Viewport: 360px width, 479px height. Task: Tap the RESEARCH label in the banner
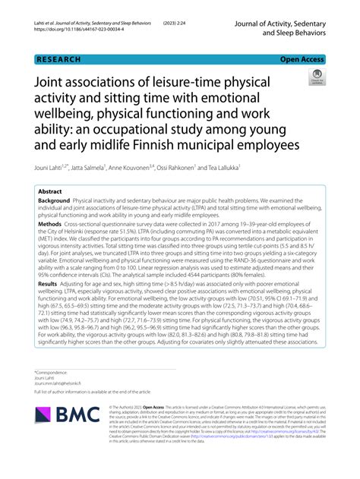click(x=58, y=58)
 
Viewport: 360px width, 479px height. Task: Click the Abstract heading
click(x=50, y=192)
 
